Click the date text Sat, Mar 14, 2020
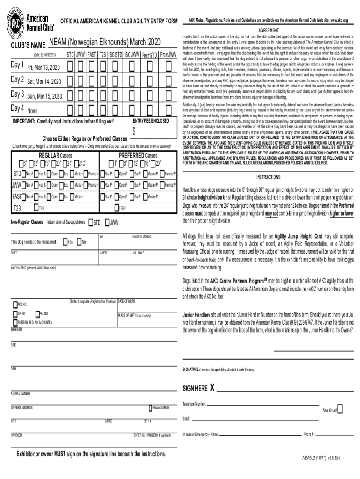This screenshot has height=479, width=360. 44,81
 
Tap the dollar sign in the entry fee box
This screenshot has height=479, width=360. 134,131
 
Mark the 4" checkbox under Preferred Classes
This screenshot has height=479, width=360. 111,163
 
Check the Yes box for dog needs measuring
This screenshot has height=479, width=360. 64,242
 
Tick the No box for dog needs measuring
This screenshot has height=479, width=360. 79,242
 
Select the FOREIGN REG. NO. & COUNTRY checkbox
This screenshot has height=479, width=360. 14,323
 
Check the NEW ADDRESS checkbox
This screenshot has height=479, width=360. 150,407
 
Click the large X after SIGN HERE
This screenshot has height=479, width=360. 212,388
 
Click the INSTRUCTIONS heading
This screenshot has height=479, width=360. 268,178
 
